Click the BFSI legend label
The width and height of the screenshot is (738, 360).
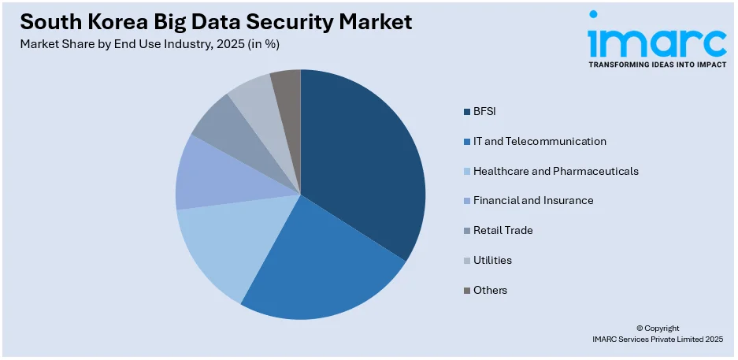484,111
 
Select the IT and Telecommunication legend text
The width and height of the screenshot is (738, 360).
540,141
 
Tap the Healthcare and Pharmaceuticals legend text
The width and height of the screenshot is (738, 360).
555,171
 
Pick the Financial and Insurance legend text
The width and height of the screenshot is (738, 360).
533,200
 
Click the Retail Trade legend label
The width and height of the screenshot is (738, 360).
503,230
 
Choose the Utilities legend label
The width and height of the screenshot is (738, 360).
492,260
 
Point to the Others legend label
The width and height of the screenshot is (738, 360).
490,290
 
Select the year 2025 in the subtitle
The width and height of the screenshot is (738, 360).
224,44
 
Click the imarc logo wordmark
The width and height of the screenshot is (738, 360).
656,37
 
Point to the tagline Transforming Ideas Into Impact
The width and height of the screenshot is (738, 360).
657,65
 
